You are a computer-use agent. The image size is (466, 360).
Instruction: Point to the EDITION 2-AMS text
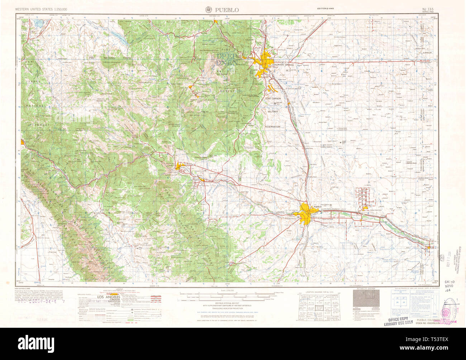click(325, 8)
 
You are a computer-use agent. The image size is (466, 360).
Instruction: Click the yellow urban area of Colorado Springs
click(266, 59)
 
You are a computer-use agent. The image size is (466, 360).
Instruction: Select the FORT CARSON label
click(273, 98)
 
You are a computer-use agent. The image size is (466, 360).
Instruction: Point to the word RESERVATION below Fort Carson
click(272, 126)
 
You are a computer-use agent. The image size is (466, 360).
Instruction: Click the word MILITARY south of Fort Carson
click(273, 112)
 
